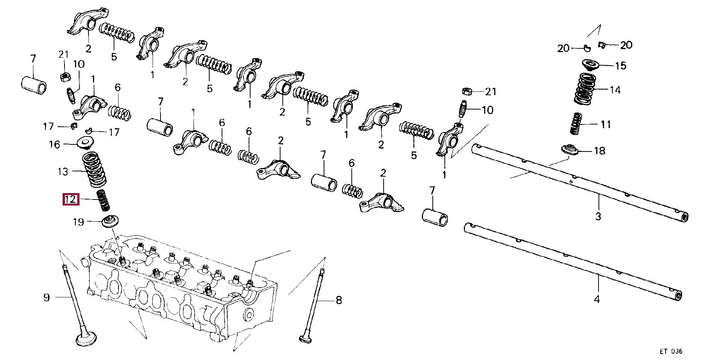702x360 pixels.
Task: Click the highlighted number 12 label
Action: [71, 199]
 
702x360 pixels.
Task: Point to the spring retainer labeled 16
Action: [85, 143]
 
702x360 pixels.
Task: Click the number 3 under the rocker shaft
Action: [598, 216]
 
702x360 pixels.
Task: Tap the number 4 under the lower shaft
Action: [597, 299]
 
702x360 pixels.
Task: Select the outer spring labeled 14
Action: [585, 88]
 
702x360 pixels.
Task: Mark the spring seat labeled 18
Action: [570, 150]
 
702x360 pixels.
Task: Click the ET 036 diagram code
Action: [671, 351]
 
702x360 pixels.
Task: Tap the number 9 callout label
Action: [46, 298]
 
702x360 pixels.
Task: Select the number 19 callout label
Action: [78, 222]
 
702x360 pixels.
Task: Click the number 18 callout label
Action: [600, 151]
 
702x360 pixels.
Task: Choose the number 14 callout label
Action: [615, 90]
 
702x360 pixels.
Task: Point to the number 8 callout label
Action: [339, 300]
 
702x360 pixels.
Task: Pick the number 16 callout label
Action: [55, 144]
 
